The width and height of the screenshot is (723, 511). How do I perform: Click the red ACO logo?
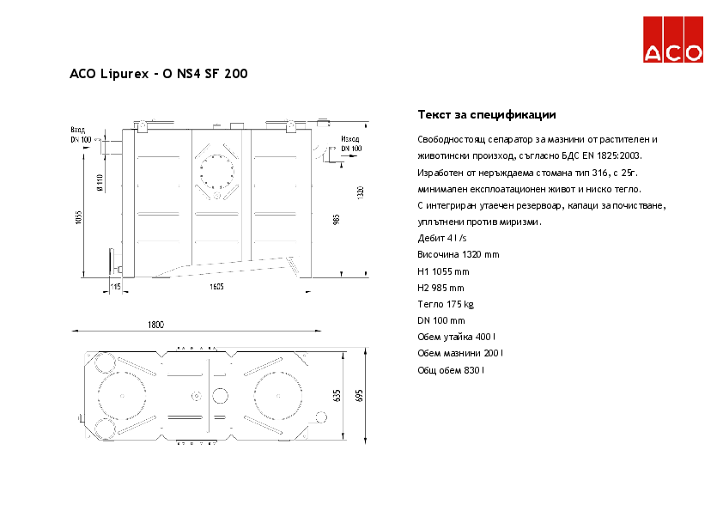(673, 40)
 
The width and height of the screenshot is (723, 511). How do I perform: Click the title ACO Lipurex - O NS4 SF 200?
(158, 75)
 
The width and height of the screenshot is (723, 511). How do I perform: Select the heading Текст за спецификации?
(486, 115)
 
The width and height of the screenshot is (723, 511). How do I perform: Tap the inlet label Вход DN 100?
(81, 134)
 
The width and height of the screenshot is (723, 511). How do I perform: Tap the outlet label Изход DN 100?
(349, 143)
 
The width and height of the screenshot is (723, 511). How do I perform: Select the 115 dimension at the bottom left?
(115, 286)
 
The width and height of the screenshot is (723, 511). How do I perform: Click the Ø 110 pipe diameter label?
(100, 183)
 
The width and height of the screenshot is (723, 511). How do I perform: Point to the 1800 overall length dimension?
(155, 325)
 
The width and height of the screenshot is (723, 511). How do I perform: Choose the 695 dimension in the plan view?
(360, 396)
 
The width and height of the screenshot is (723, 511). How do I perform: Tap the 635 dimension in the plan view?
(337, 396)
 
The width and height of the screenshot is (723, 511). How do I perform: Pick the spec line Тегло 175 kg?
(445, 304)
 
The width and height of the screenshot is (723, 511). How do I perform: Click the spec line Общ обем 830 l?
(451, 370)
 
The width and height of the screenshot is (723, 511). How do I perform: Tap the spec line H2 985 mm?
(440, 288)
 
